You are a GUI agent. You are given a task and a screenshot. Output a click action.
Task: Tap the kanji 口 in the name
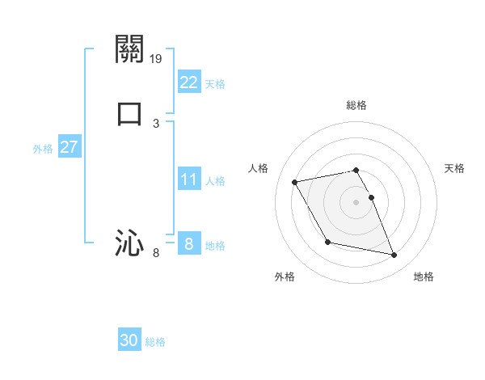point(129,112)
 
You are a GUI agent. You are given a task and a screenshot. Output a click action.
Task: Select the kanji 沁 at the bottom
point(129,243)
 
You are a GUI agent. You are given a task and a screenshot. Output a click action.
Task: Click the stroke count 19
point(157,59)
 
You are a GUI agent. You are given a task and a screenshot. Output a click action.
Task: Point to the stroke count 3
point(156,123)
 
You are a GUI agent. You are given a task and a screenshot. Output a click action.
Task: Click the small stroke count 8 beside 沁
point(156,254)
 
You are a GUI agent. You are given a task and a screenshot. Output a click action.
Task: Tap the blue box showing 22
point(188,82)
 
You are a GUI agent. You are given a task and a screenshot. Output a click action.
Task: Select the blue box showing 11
point(188,179)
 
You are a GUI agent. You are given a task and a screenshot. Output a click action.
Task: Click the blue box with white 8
point(188,244)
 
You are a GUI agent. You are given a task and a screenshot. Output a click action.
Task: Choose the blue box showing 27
point(70,147)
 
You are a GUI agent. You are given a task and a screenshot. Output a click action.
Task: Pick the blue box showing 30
point(129,340)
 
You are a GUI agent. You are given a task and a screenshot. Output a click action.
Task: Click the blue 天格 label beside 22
point(215,84)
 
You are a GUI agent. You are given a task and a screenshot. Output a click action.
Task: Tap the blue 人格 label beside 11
point(215,181)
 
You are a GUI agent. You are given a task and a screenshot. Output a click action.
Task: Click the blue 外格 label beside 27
point(43,149)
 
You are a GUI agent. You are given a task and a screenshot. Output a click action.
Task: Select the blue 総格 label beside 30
point(155,342)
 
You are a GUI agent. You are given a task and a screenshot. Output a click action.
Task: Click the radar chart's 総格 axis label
point(356,105)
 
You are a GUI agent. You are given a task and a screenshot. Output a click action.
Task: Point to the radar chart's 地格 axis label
point(424,277)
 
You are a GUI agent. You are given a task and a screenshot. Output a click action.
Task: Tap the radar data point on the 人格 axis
point(295,181)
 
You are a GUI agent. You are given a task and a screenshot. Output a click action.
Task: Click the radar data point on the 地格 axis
point(394,255)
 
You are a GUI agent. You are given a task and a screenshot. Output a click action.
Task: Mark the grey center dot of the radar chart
point(356,201)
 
